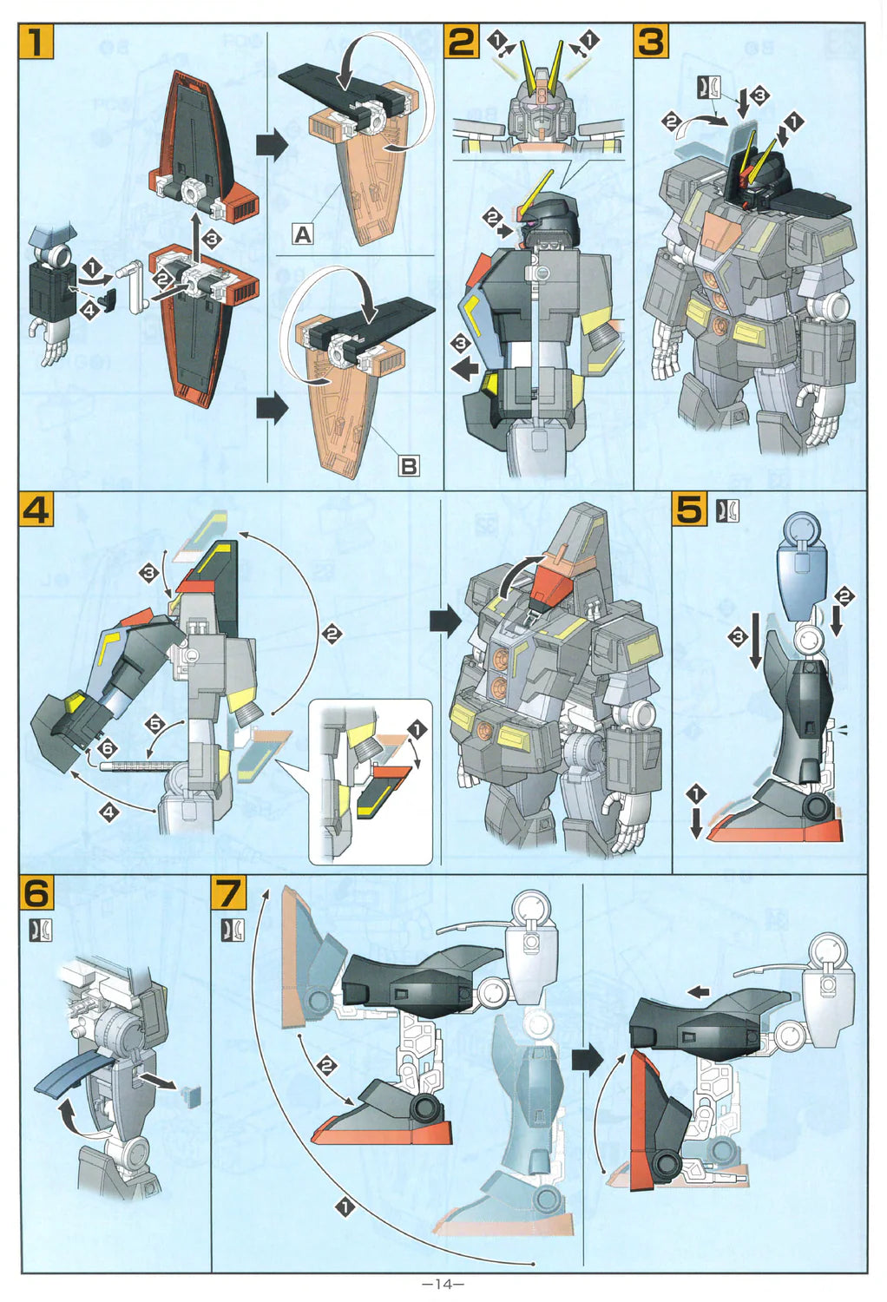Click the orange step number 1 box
coord(36,42)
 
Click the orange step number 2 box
coord(462,42)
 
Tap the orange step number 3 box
coord(653,42)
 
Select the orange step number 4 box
coord(36,510)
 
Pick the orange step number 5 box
coord(691,510)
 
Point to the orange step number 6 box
coord(36,893)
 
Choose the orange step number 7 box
coord(229,893)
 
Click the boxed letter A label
coord(302,233)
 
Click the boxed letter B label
coord(408,465)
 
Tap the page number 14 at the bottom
coord(443,1284)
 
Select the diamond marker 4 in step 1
coord(88,307)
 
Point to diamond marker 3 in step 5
coord(738,638)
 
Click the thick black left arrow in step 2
coord(466,369)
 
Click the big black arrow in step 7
coord(588,1059)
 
